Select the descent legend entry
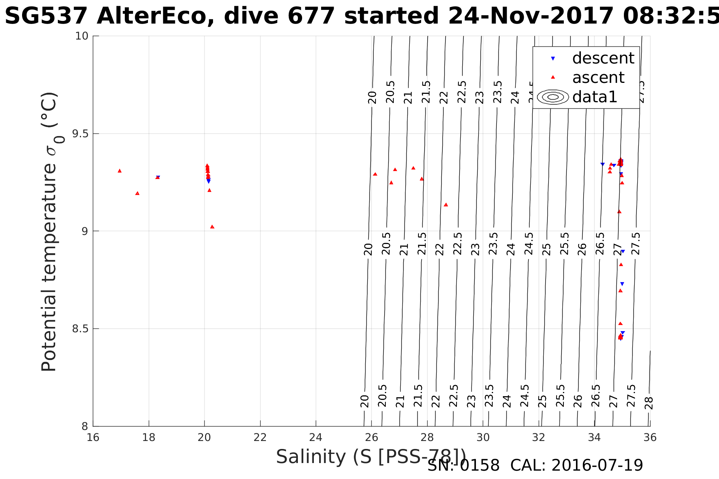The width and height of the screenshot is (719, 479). click(x=603, y=58)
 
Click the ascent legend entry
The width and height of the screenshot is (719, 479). click(x=598, y=78)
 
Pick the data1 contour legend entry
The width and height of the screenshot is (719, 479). click(x=594, y=97)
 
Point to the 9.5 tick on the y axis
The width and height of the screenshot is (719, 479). click(x=80, y=133)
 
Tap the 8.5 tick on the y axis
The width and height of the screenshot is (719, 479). click(x=80, y=328)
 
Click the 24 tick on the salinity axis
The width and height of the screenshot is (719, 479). click(x=316, y=438)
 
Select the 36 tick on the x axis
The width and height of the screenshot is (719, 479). click(x=650, y=438)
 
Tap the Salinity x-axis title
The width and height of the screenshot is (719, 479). click(x=371, y=457)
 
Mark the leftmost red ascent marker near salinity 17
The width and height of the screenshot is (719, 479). click(x=119, y=171)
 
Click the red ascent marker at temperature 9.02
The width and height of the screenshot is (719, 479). click(x=212, y=227)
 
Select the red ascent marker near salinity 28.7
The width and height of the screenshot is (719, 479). click(x=446, y=205)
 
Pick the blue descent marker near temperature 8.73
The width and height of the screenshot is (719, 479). click(x=622, y=284)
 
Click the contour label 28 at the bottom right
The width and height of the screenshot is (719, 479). click(x=649, y=403)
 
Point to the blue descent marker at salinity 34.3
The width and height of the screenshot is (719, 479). click(x=603, y=164)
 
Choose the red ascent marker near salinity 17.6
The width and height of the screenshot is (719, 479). click(x=137, y=193)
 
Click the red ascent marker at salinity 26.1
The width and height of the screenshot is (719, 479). click(x=375, y=174)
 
